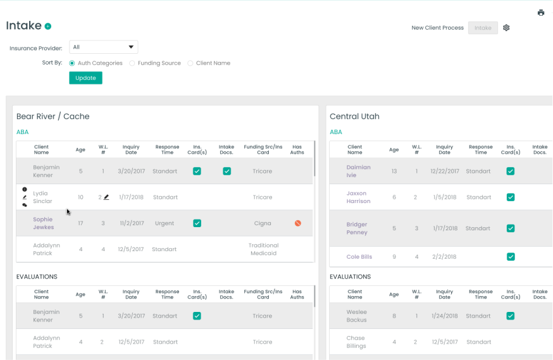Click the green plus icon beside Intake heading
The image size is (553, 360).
[x=48, y=27]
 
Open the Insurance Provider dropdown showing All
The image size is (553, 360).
[x=103, y=47]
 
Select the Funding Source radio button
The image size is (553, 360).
[x=132, y=63]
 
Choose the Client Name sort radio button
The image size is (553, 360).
[x=190, y=63]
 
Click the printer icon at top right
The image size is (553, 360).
[x=541, y=13]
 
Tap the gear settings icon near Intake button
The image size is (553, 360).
[x=506, y=28]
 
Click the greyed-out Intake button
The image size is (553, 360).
[x=483, y=28]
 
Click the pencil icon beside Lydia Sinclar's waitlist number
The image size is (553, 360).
[x=106, y=197]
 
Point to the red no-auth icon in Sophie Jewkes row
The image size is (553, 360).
[x=297, y=223]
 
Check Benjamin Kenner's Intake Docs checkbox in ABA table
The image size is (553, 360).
[x=227, y=171]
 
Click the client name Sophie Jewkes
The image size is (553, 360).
[x=43, y=223]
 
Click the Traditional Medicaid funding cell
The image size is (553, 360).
[x=263, y=249]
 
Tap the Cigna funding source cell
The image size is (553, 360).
[x=263, y=223]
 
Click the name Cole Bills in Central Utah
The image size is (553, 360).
[x=359, y=257]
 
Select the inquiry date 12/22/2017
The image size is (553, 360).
[x=444, y=171]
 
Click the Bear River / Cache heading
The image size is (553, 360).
[x=53, y=116]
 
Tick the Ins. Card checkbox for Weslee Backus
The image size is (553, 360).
[x=511, y=316]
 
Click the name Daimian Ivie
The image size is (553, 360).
[x=358, y=171]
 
